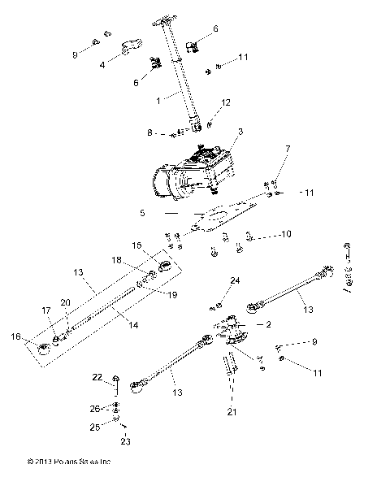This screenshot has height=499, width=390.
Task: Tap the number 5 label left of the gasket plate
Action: pos(143,213)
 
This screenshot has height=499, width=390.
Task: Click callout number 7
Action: pos(287,171)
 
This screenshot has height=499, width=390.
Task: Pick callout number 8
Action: pos(150,132)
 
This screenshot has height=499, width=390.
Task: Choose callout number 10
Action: pos(284,236)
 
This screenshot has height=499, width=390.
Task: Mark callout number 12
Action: pos(227,102)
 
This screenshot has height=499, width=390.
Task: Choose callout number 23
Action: pos(124,442)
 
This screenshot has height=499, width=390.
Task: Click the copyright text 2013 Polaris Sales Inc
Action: pos(68,485)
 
